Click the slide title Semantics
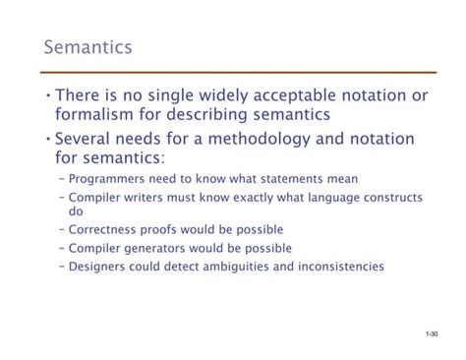(87, 47)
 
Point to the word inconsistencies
(340, 267)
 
